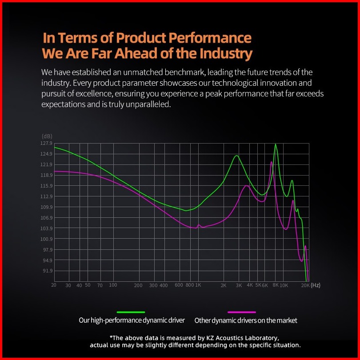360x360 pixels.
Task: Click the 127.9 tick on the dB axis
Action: (x=46, y=143)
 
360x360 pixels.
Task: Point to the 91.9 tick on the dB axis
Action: (x=48, y=271)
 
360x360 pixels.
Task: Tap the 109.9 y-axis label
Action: (x=46, y=207)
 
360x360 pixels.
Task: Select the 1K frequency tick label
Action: (x=198, y=285)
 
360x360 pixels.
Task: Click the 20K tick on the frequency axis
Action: (x=305, y=285)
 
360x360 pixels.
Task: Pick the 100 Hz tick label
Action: (x=113, y=285)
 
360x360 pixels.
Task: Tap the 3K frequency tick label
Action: (x=239, y=285)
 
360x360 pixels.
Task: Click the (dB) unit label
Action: (x=47, y=136)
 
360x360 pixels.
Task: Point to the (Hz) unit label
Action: (x=316, y=285)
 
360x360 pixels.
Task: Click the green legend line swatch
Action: (x=131, y=312)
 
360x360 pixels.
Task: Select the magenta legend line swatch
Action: (x=241, y=312)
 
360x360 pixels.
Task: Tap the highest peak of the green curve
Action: (x=276, y=144)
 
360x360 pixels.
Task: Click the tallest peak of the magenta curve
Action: (x=272, y=162)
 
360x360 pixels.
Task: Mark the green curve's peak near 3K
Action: (x=237, y=156)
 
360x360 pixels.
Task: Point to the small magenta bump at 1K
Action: (x=199, y=225)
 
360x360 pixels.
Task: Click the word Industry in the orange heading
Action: (x=226, y=53)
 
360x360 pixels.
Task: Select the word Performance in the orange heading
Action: (x=210, y=37)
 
